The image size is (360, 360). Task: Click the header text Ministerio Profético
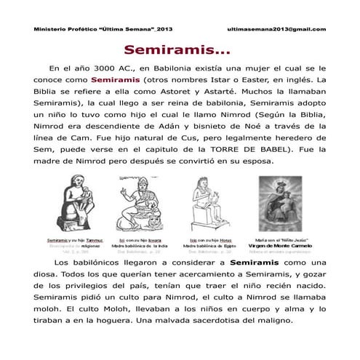62,29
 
